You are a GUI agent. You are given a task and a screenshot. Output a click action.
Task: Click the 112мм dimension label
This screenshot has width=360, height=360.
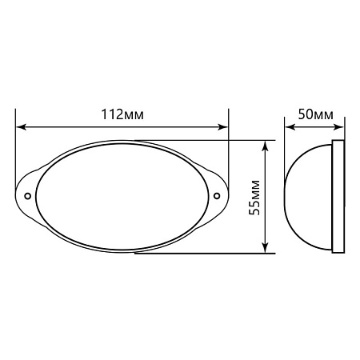(x=122, y=114)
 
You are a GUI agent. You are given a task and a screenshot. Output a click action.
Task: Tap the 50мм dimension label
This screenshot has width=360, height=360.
(x=316, y=114)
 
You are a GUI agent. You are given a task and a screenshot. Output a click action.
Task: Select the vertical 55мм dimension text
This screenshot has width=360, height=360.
(x=254, y=198)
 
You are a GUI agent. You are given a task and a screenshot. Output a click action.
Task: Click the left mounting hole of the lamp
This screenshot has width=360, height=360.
(x=27, y=196)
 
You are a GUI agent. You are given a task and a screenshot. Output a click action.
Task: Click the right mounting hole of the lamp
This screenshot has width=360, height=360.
(x=217, y=196)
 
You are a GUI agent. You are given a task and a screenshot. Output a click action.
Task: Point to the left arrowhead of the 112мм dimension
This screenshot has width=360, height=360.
(x=21, y=127)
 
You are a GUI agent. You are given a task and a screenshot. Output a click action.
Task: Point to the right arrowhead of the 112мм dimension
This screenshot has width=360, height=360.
(x=223, y=127)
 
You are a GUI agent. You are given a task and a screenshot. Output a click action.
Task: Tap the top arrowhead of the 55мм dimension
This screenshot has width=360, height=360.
(x=265, y=146)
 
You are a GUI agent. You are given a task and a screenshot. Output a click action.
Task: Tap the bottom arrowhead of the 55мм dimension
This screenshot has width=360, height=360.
(x=265, y=247)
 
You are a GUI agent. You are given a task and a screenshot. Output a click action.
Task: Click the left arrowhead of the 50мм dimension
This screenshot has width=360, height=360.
(x=290, y=127)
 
